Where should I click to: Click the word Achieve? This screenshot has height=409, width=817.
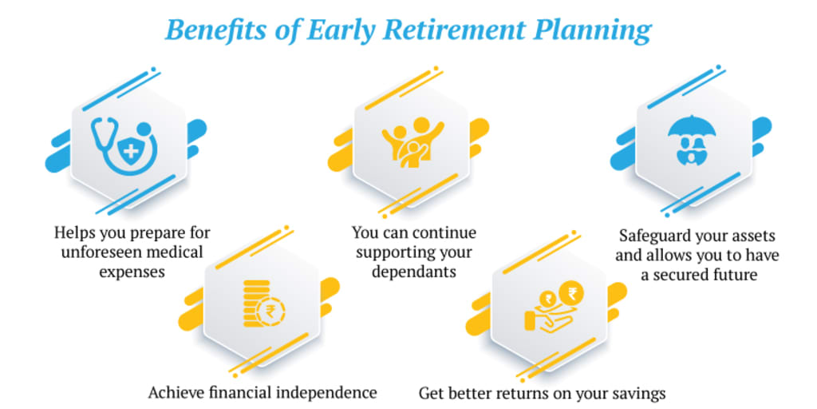173,392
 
